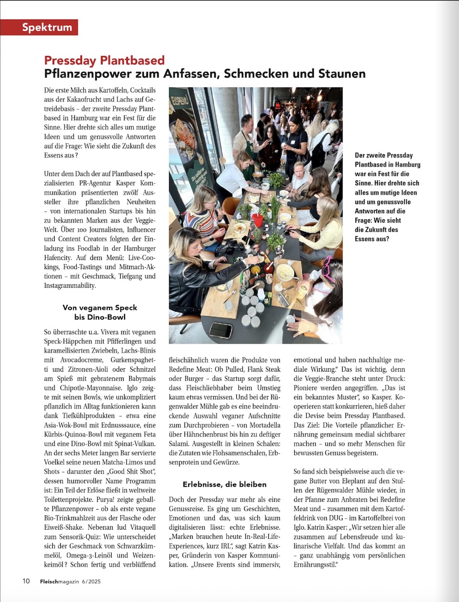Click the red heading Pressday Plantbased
(x=104, y=60)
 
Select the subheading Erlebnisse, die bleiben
(x=224, y=484)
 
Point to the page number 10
(x=26, y=581)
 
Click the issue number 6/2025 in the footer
(x=91, y=581)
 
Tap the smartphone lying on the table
(x=220, y=330)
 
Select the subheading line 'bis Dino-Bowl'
(x=100, y=317)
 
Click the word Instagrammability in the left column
(x=70, y=285)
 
